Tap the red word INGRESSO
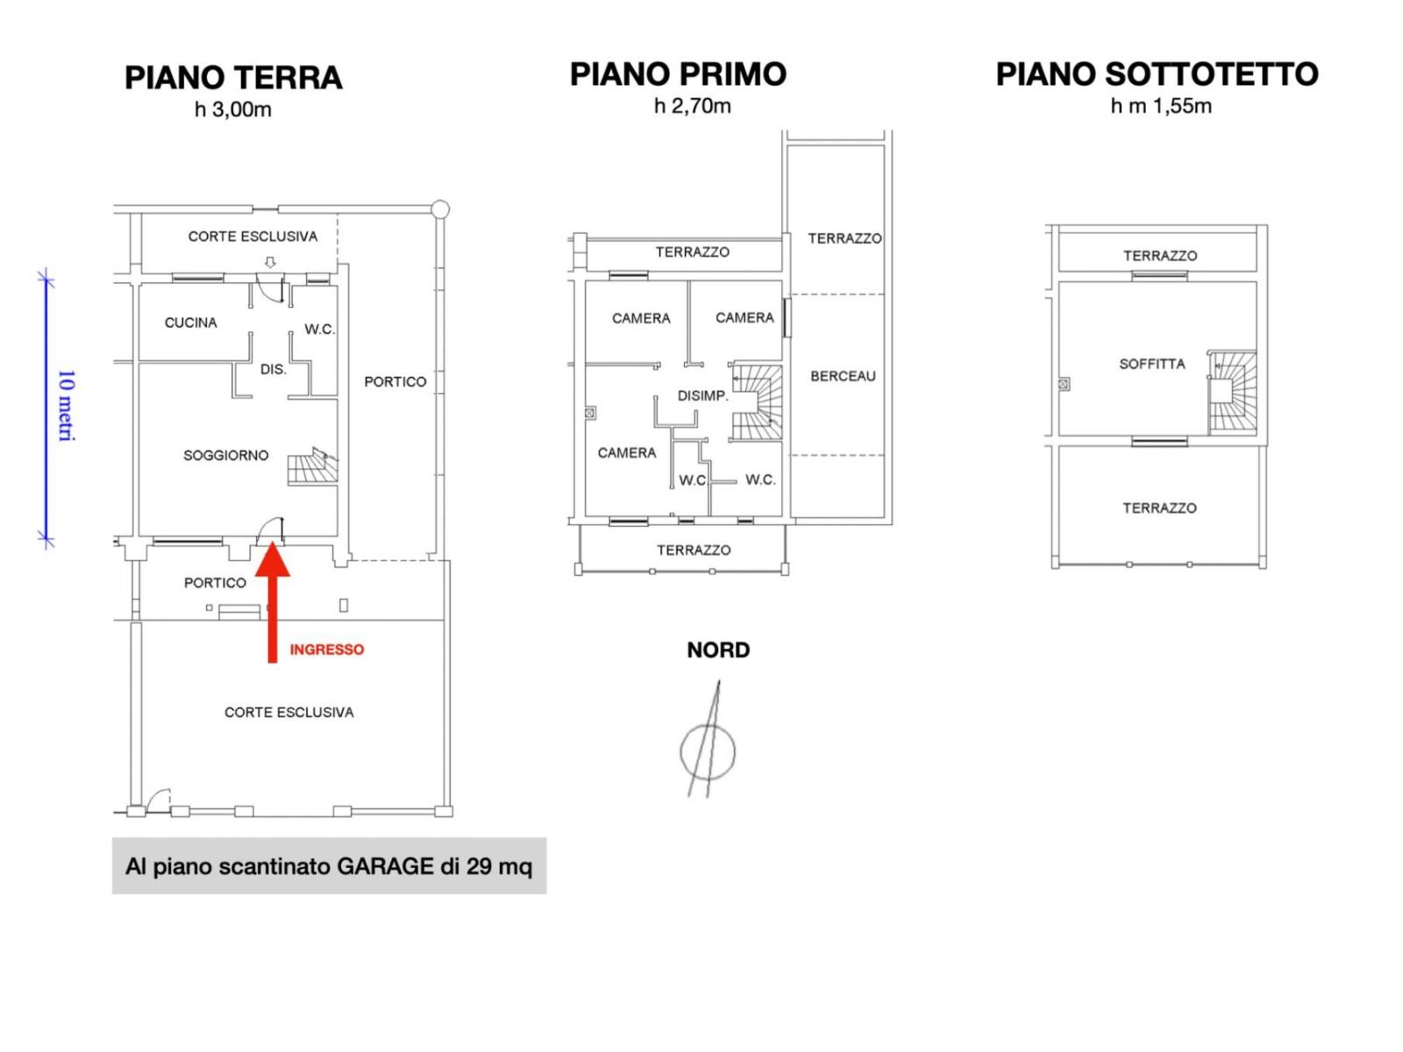coord(326,650)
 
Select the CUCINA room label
coord(190,323)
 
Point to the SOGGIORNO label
coord(225,455)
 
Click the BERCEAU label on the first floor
coord(843,376)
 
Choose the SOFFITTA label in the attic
coord(1152,364)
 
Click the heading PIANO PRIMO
coord(678,75)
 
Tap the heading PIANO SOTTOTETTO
coord(1157,75)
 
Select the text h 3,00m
coord(233,110)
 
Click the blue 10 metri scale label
coord(67,406)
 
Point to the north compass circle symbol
coord(708,752)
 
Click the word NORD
coord(718,650)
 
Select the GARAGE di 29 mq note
coord(435,867)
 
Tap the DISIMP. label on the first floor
coord(702,396)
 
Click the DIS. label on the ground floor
coord(274,369)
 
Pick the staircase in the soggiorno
coord(312,466)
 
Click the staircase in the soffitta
coord(1232,392)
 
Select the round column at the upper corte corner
coord(440,209)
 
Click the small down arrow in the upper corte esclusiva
coord(270,262)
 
